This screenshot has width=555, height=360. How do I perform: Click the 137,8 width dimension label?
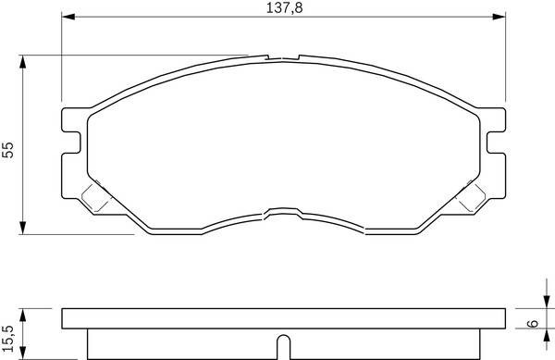284,7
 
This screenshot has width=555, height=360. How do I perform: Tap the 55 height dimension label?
7,150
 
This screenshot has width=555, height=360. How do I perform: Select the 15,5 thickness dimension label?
7,339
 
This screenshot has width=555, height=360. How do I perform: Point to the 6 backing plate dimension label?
533,323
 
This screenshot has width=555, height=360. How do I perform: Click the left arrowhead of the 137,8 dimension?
68,17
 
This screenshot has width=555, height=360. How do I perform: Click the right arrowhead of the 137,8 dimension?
499,17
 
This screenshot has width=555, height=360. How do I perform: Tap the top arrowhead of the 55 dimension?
22,62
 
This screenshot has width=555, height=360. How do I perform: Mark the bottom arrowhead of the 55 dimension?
22,228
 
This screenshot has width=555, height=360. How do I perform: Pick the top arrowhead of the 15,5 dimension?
22,315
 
